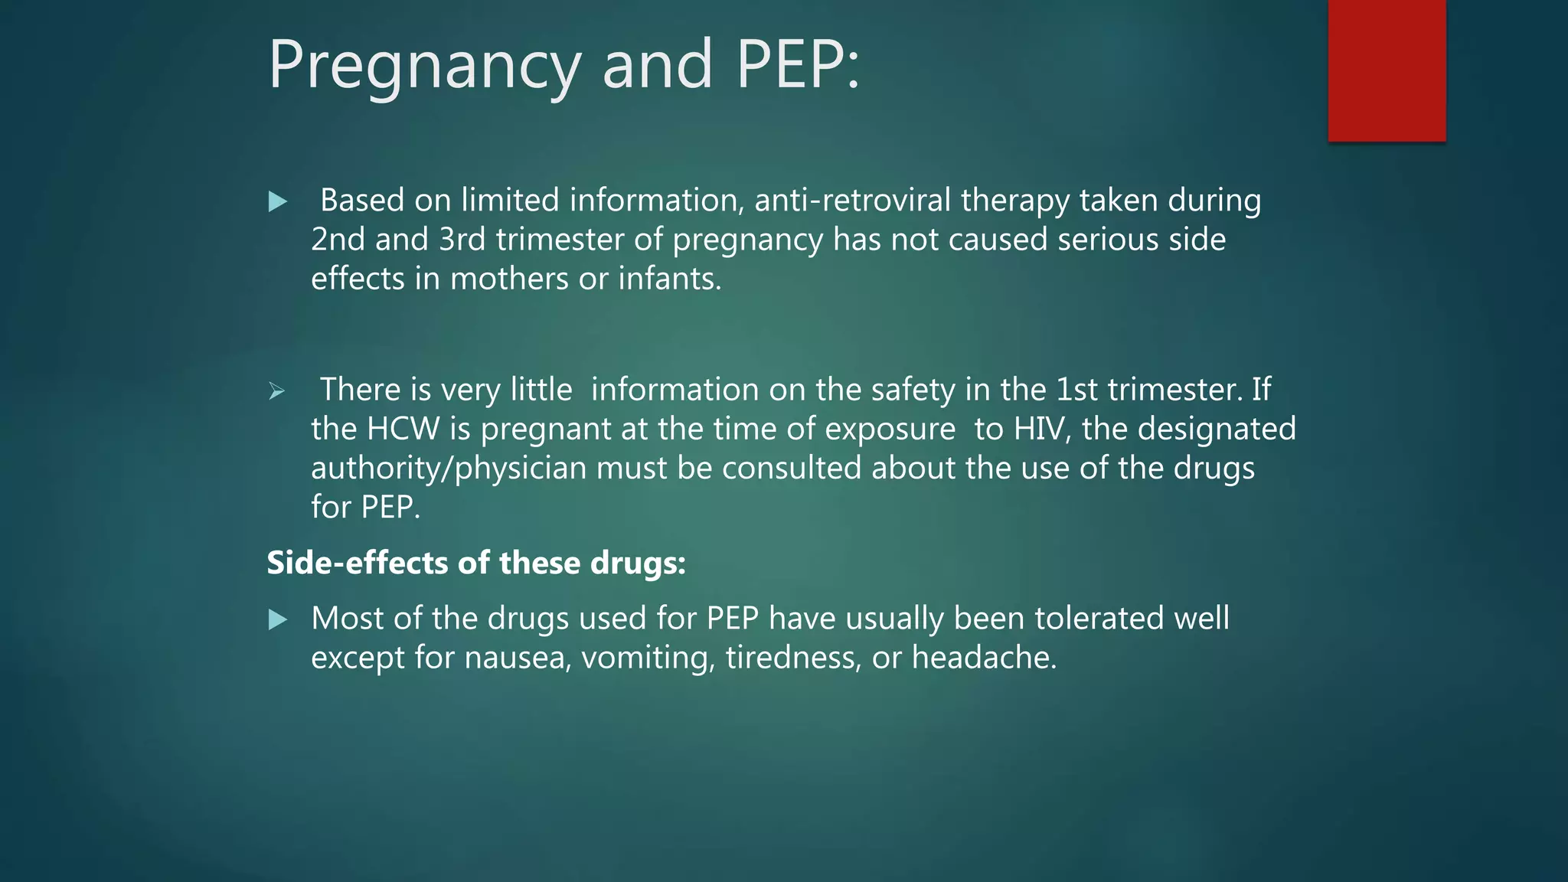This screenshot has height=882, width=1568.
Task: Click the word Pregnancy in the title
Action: coord(424,66)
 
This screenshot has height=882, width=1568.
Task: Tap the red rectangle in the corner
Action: coord(1387,70)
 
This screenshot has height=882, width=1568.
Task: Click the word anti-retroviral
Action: coord(852,201)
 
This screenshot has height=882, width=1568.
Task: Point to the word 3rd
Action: coord(462,240)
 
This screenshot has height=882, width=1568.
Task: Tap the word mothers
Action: coord(509,279)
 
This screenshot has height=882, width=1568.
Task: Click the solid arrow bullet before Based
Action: coord(278,202)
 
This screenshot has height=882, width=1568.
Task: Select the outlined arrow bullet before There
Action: coord(277,391)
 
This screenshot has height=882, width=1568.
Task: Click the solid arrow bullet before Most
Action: coord(278,619)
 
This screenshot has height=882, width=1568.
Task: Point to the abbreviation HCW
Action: coord(403,429)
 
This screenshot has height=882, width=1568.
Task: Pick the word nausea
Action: coord(518,658)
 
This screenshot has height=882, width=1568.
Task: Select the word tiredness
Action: coord(793,658)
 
